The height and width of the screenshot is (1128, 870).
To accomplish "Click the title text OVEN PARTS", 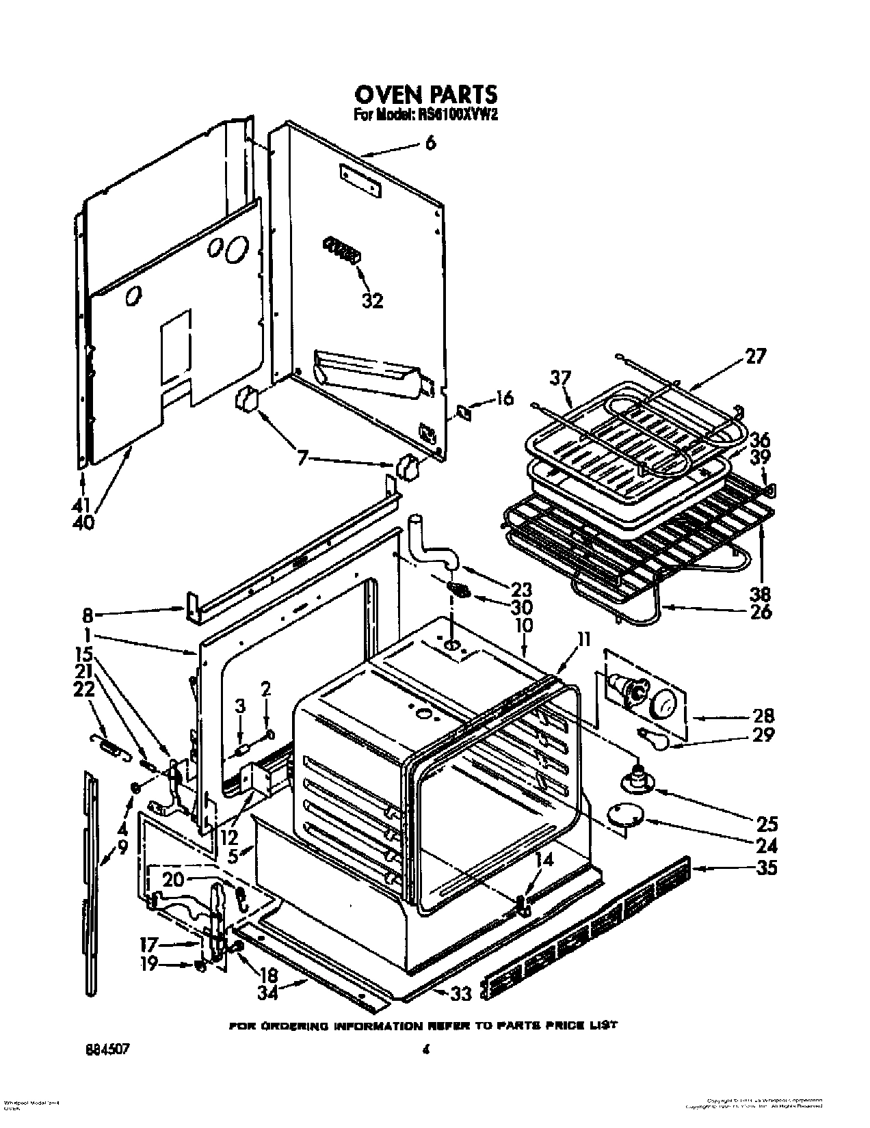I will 425,94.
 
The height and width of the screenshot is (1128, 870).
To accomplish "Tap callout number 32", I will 372,300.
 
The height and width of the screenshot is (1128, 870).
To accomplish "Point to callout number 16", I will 503,397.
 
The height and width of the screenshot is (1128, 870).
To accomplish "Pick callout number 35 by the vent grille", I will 767,868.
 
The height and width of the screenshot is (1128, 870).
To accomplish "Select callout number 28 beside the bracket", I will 763,716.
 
